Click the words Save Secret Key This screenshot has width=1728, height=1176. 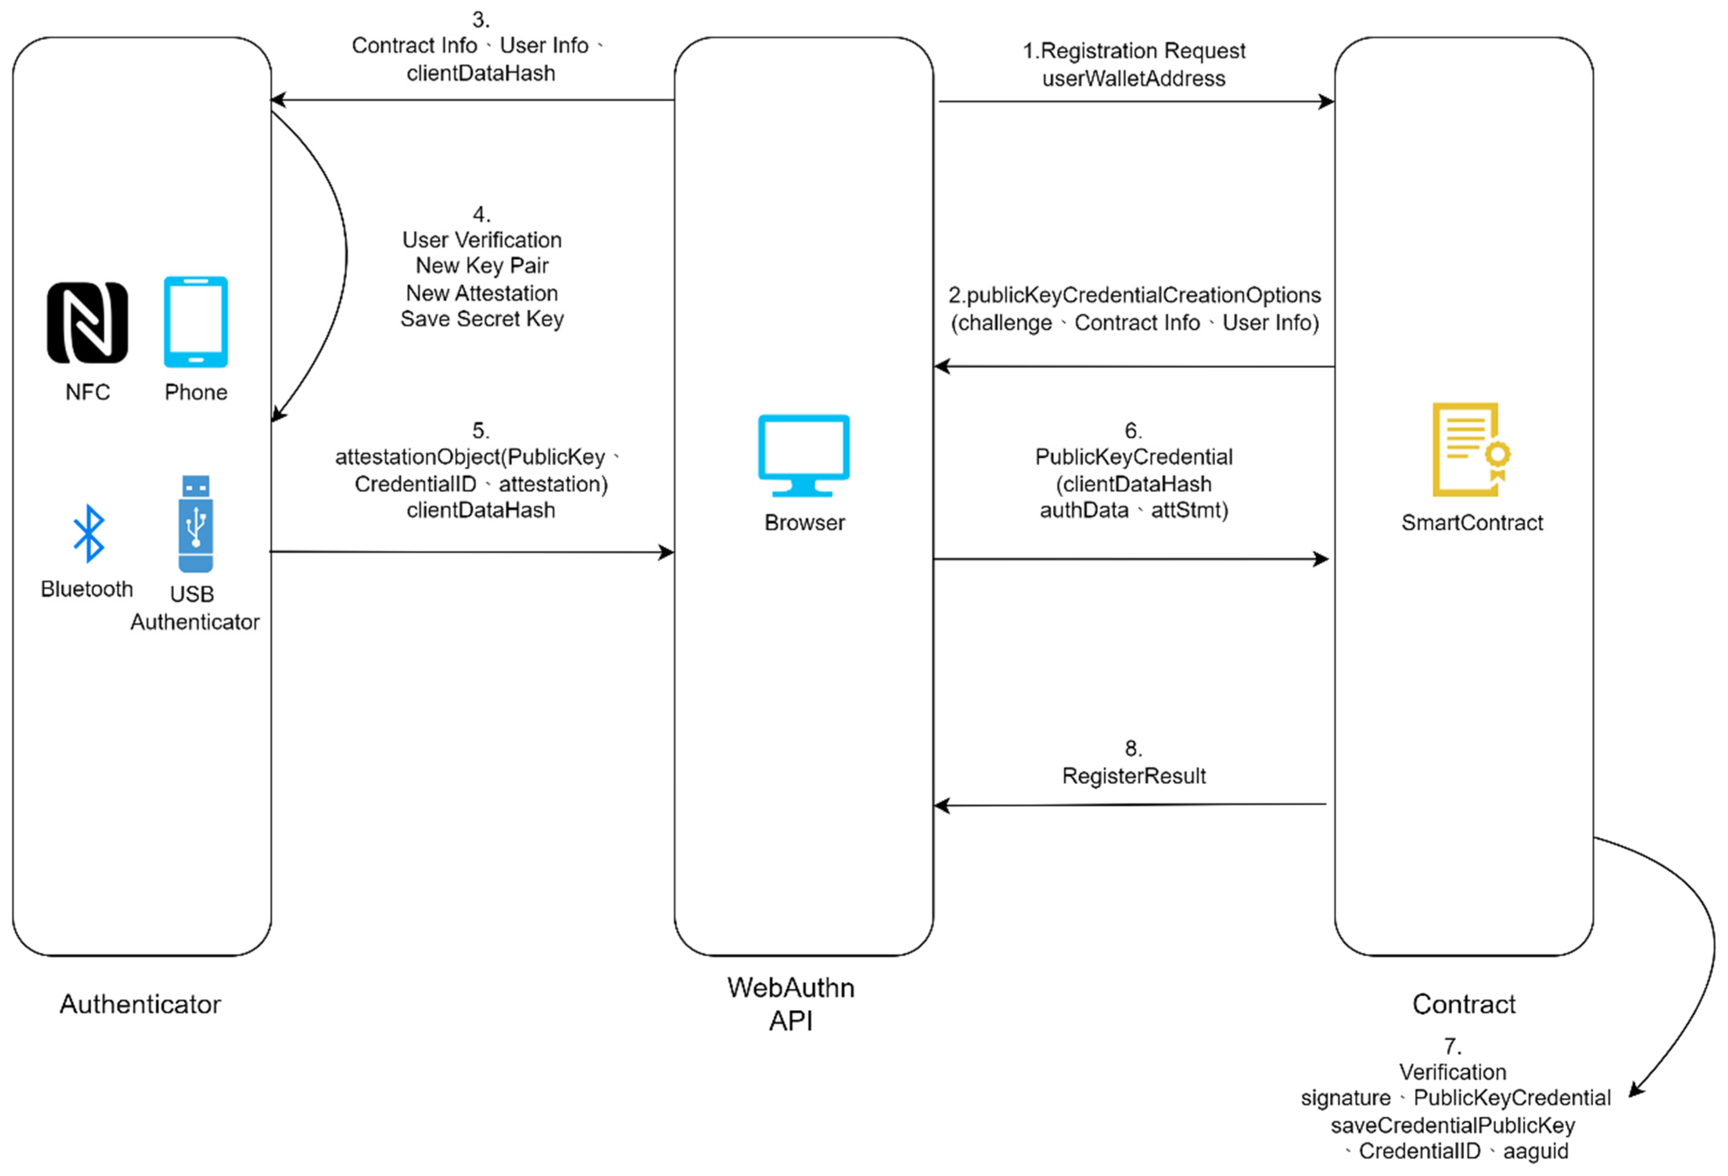point(482,319)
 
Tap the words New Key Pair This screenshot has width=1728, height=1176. point(482,266)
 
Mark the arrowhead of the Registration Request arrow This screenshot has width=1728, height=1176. point(1326,101)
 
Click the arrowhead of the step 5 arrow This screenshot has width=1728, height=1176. point(667,552)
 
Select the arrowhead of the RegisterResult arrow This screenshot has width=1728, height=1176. point(941,806)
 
